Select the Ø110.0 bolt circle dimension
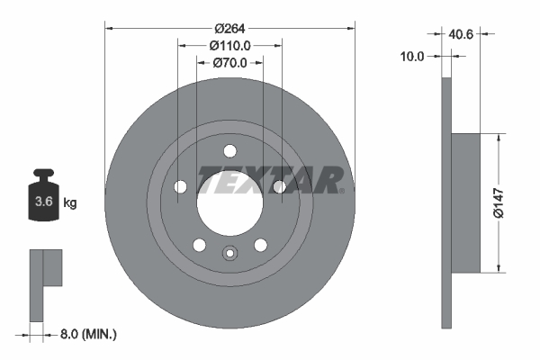(x=229, y=45)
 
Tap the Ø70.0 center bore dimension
(x=229, y=63)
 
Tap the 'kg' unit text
(x=69, y=203)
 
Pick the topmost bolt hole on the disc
(x=229, y=150)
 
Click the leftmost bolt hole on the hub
(x=180, y=186)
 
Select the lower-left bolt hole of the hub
(x=199, y=244)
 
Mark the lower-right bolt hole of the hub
(x=260, y=244)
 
